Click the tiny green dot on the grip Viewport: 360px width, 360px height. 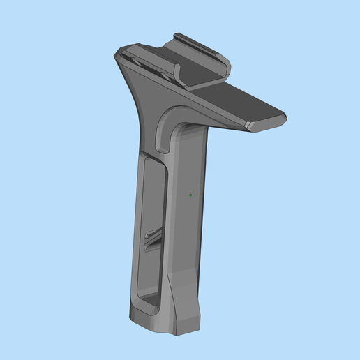190,195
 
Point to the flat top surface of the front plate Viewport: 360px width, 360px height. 251,105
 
